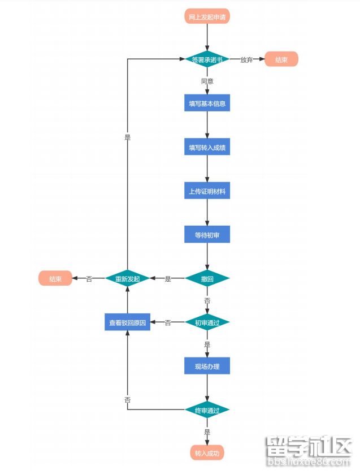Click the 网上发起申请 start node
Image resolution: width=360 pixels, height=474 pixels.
pos(207,16)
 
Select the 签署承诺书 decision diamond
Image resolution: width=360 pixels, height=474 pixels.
pos(207,59)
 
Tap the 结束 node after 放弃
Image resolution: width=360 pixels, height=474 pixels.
pos(281,59)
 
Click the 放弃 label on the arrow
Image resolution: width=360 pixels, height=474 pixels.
pos(246,60)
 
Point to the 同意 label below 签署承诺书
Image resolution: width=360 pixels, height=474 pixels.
pos(207,81)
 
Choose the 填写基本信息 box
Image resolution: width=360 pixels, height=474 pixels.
pos(207,104)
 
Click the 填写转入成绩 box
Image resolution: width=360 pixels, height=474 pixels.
pos(207,148)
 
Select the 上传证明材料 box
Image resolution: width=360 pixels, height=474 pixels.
pos(207,191)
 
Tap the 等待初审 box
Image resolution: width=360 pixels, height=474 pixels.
pos(207,235)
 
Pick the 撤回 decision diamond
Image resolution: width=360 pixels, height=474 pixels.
pos(207,278)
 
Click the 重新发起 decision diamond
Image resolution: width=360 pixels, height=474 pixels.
pos(128,278)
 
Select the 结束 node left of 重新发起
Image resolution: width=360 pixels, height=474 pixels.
pos(55,278)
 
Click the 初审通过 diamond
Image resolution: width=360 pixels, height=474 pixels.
pos(207,322)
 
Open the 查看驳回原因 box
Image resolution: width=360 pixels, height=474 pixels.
pos(128,322)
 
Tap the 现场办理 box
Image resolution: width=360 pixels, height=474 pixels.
pos(207,366)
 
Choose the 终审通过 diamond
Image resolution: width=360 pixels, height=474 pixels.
pos(207,410)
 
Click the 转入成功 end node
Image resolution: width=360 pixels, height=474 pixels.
pos(207,453)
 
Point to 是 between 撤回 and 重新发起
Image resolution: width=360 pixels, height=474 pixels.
pos(168,279)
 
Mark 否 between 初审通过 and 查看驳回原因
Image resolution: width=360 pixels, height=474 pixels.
pos(168,322)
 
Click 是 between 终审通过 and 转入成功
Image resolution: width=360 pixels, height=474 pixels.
pos(207,432)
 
